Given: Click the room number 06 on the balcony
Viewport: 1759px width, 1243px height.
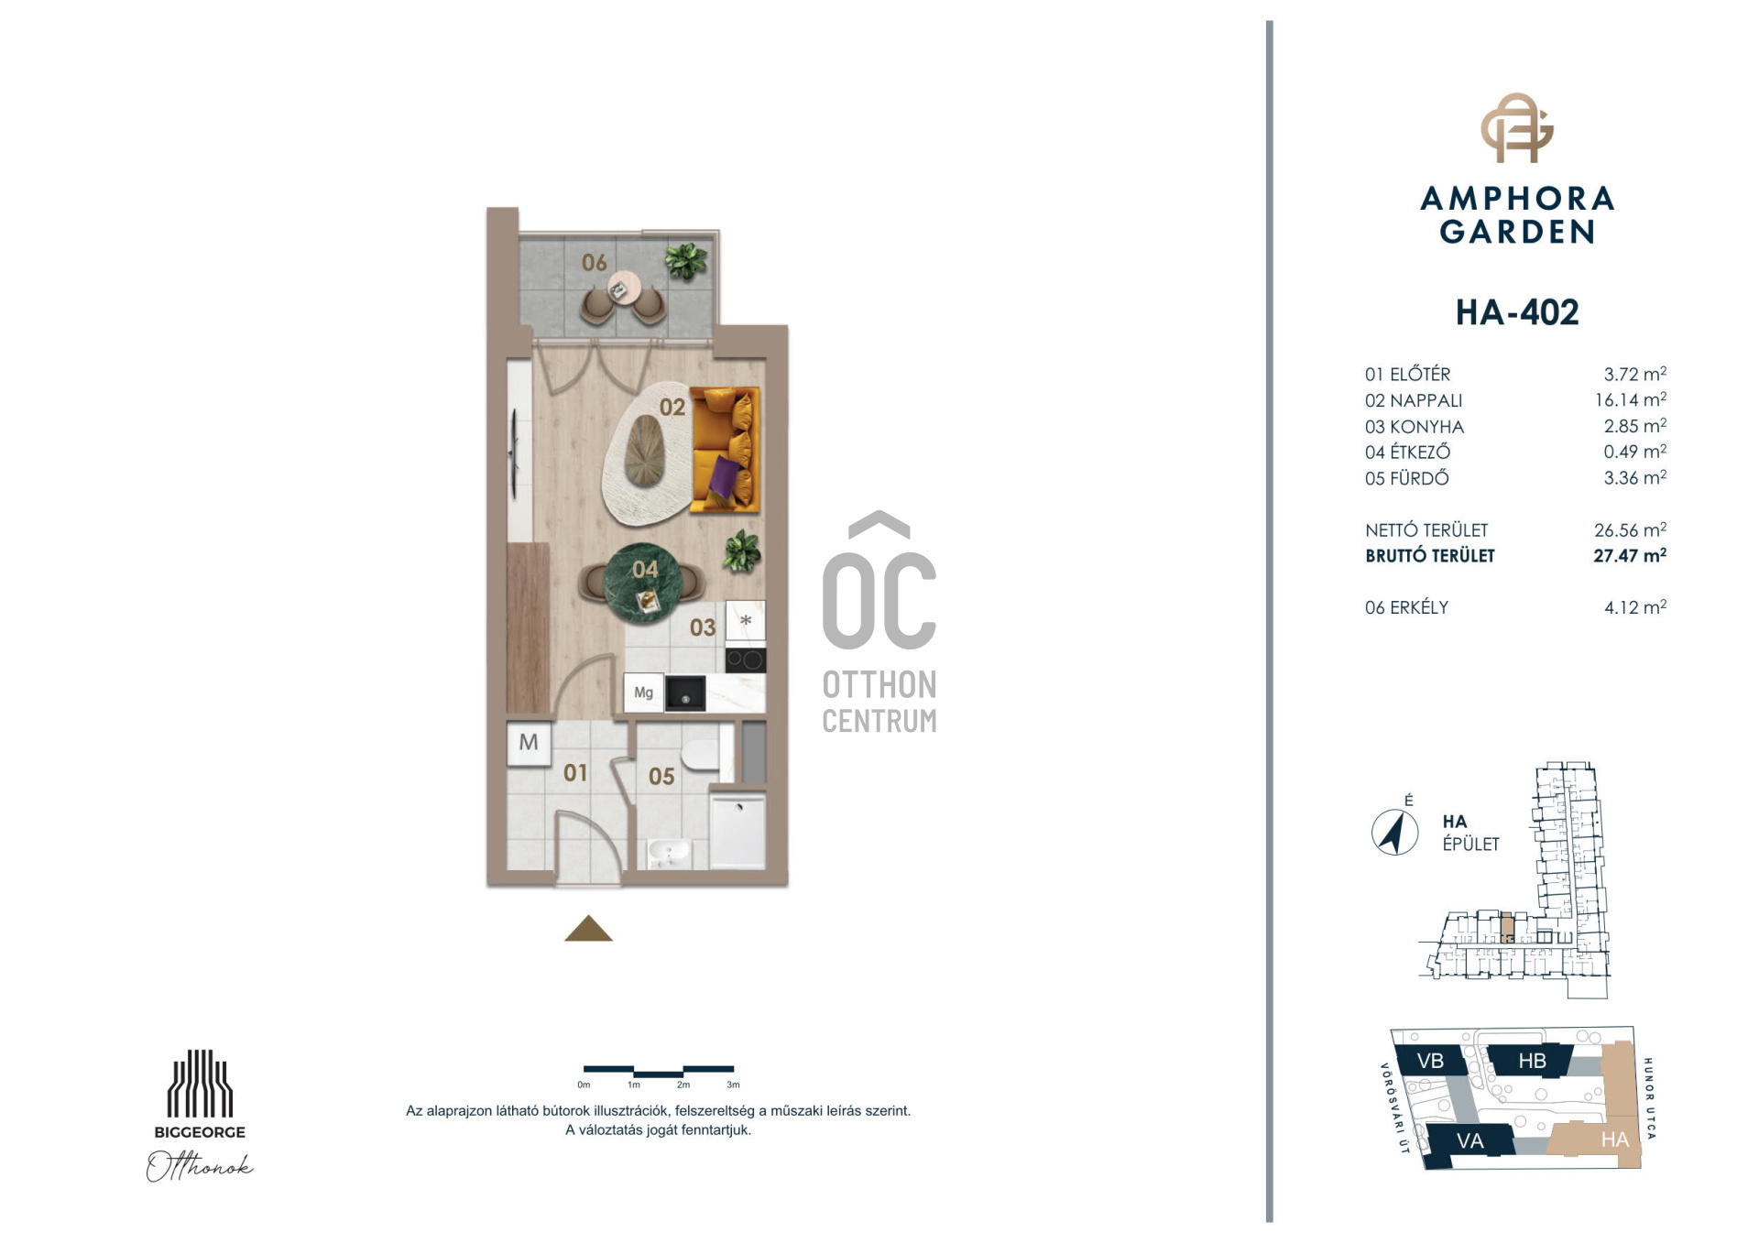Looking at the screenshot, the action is (595, 263).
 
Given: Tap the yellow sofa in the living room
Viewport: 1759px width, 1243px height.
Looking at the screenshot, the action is (725, 449).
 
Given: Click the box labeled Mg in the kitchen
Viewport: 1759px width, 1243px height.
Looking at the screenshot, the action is (643, 692).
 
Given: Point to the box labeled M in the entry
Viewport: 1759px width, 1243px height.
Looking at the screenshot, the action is (529, 743).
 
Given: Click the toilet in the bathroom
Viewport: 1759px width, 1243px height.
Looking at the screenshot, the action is (703, 757).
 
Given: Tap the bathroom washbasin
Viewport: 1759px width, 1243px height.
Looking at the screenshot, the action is (670, 854).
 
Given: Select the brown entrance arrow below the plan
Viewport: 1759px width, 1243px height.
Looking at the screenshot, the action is (588, 929).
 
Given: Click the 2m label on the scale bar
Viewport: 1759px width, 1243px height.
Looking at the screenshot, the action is (683, 1085).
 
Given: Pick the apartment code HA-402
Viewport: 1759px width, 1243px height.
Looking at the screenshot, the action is (1517, 312).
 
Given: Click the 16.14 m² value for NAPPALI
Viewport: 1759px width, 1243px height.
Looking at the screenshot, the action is (1630, 400).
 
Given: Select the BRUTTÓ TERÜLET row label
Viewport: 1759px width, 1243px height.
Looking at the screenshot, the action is (1429, 556).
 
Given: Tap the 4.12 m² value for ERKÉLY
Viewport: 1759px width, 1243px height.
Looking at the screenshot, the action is (1634, 607).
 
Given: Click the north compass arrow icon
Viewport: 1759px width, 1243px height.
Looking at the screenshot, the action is (1394, 833).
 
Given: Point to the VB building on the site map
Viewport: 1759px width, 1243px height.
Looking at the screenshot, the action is (1429, 1060).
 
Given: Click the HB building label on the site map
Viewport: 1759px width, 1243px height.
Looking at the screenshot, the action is (1532, 1061).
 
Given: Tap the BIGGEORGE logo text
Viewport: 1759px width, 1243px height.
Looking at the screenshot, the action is (200, 1132).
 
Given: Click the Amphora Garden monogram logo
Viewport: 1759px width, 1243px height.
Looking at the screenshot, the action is (1517, 127).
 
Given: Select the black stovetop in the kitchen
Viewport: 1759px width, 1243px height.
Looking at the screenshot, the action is (745, 660).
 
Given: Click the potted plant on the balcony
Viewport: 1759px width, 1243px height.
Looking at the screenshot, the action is (686, 260).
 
